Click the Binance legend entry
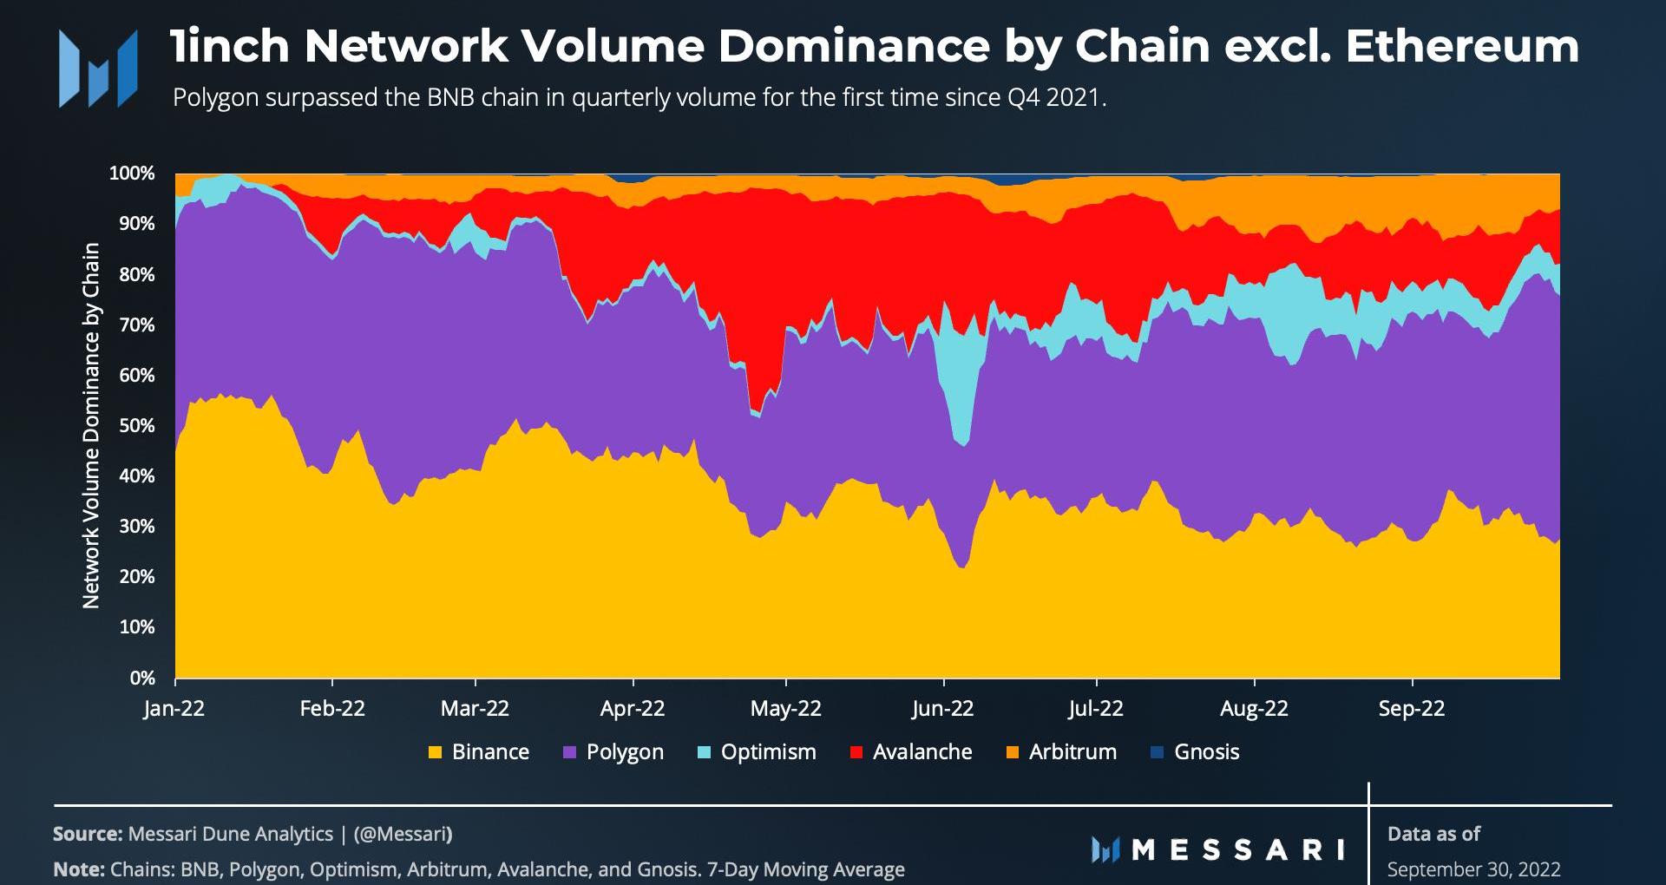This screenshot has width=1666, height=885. (x=479, y=752)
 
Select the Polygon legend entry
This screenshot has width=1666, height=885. (x=613, y=752)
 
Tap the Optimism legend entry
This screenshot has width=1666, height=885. (x=758, y=752)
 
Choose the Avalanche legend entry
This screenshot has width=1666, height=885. (x=911, y=752)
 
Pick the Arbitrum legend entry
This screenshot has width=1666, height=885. (x=1062, y=752)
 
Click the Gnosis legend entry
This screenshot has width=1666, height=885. (x=1195, y=752)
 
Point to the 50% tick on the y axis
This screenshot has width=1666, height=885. (x=137, y=426)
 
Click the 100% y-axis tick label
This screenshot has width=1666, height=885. (x=132, y=174)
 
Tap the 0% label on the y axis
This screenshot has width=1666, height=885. (x=142, y=678)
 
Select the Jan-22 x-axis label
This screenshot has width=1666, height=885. (x=174, y=709)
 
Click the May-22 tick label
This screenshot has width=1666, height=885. (x=785, y=709)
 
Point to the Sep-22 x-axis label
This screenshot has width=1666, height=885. (x=1412, y=709)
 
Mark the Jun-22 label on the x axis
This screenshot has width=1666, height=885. (x=942, y=709)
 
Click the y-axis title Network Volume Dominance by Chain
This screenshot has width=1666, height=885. (x=91, y=425)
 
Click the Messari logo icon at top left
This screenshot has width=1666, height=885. (x=98, y=69)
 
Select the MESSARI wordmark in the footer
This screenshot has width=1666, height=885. (x=1219, y=849)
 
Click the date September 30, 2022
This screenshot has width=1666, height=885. (x=1473, y=869)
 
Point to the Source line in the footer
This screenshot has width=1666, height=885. (x=253, y=834)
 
